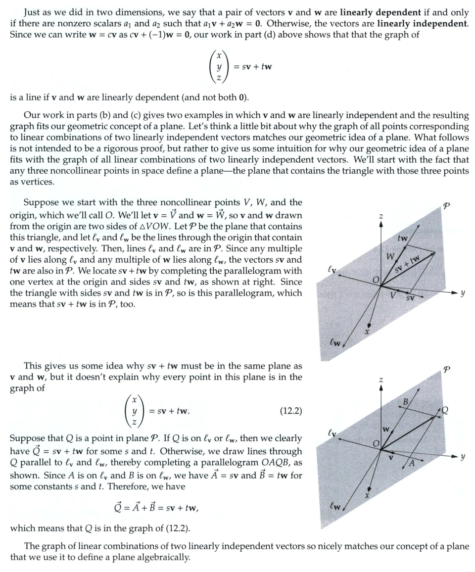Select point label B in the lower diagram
click(406, 401)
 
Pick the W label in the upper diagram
click(390, 257)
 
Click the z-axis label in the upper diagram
click(380, 216)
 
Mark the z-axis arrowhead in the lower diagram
click(380, 388)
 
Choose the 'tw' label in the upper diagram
click(403, 238)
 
